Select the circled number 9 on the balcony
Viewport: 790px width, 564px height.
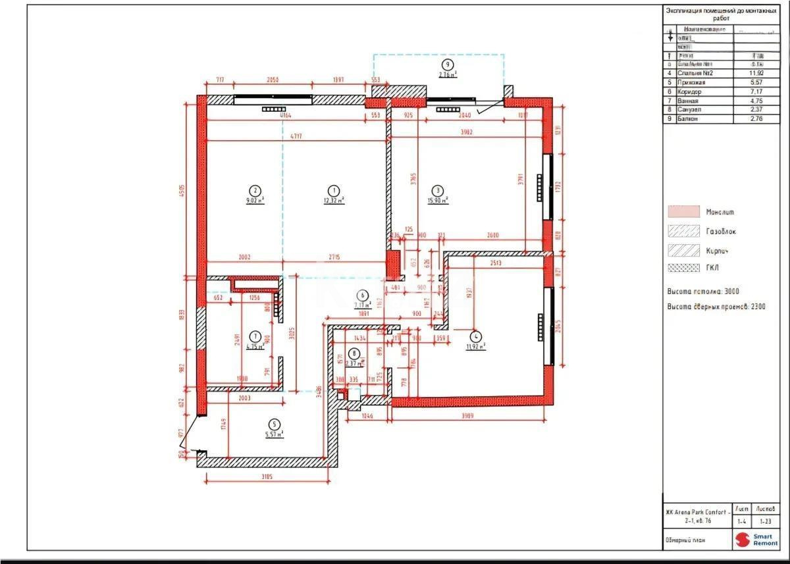[x=448, y=64]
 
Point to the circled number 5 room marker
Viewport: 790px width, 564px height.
[x=275, y=424]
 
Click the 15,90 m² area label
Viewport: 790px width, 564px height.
[x=439, y=200]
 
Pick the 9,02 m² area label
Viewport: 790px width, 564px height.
[x=255, y=200]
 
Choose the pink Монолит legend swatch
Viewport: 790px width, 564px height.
[x=683, y=212]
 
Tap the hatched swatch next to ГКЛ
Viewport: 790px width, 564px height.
[x=683, y=269]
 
